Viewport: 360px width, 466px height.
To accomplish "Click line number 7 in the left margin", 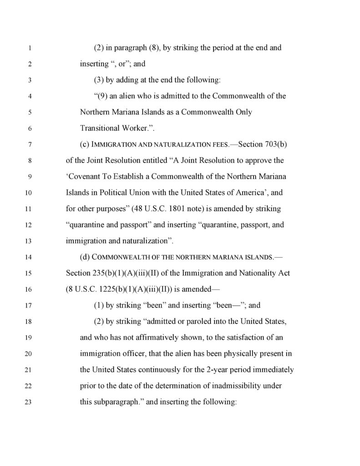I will (x=29, y=145).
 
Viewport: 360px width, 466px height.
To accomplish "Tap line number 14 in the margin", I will (x=29, y=257).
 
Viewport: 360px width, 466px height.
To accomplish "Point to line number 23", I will (x=29, y=402).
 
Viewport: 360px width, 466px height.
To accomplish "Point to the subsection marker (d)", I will (x=85, y=257).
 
